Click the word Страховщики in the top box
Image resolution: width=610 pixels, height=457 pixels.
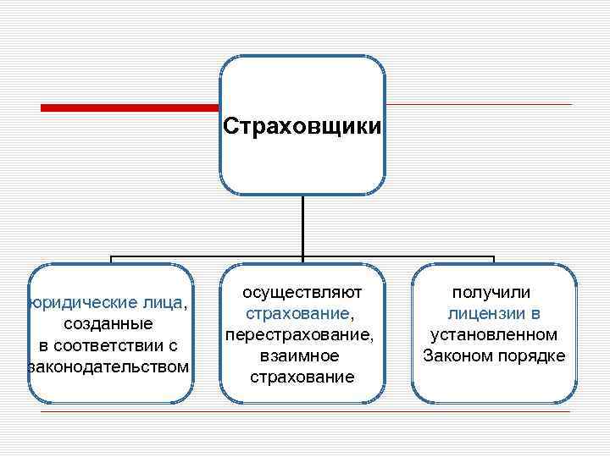[302, 126]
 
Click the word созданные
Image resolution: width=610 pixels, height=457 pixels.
[108, 324]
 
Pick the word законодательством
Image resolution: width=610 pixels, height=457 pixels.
[108, 366]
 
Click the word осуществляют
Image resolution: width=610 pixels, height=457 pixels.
[302, 293]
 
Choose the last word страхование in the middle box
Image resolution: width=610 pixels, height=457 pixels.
[302, 377]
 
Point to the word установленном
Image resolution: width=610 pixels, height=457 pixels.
[494, 335]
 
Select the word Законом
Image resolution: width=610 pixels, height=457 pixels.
[458, 355]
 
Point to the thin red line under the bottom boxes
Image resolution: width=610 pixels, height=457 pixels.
[305, 412]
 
